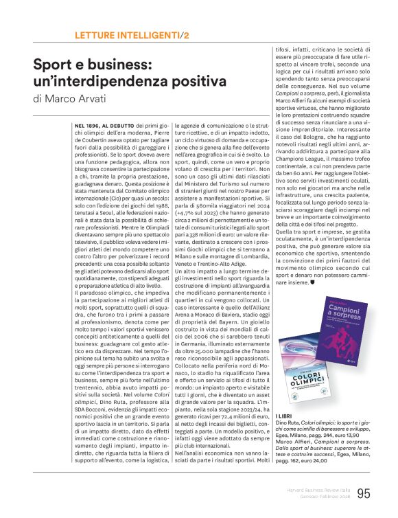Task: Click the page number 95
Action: [x=363, y=493]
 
